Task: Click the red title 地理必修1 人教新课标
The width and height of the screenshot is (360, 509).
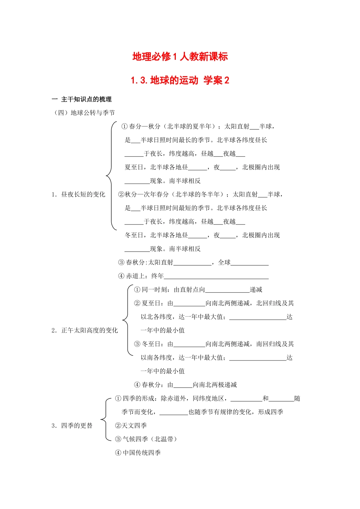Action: [x=180, y=57]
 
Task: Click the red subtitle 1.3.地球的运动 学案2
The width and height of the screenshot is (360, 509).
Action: [x=180, y=80]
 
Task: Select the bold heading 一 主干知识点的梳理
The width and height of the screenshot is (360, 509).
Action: [x=81, y=99]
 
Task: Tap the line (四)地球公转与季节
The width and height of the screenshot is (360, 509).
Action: [x=85, y=112]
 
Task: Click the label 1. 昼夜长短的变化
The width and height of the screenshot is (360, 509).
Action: [x=78, y=194]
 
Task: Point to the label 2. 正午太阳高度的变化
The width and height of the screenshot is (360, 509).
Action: [x=85, y=330]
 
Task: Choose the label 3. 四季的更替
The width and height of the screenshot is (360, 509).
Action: [x=72, y=425]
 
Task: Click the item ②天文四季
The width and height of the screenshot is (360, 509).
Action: [x=131, y=425]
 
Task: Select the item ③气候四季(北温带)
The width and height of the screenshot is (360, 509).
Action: [x=146, y=439]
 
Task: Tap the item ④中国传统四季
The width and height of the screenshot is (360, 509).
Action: [x=138, y=453]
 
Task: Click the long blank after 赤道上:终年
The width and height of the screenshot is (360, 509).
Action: [x=216, y=276]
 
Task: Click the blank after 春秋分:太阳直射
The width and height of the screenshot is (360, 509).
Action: [x=193, y=263]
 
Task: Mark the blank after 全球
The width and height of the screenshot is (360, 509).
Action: [x=250, y=263]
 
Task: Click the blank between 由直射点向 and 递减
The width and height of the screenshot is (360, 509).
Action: [x=227, y=290]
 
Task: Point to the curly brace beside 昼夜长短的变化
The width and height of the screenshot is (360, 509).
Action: [x=110, y=176]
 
